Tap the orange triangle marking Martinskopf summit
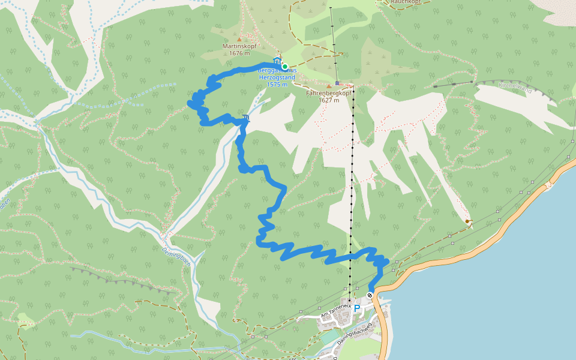pyautogui.click(x=239, y=40)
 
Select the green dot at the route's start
pyautogui.click(x=285, y=66)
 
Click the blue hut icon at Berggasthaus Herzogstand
pyautogui.click(x=277, y=61)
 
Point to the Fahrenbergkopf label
pyautogui.click(x=328, y=94)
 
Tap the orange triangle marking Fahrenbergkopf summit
pyautogui.click(x=329, y=86)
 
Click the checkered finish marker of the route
pyautogui.click(x=370, y=295)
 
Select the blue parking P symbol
pyautogui.click(x=357, y=308)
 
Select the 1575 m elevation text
pyautogui.click(x=277, y=84)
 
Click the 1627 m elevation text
pyautogui.click(x=328, y=100)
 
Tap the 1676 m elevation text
pyautogui.click(x=239, y=53)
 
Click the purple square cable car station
pyautogui.click(x=338, y=83)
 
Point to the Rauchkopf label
pyautogui.click(x=406, y=2)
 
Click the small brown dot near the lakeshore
pyautogui.click(x=467, y=221)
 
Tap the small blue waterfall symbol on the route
pyautogui.click(x=246, y=118)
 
